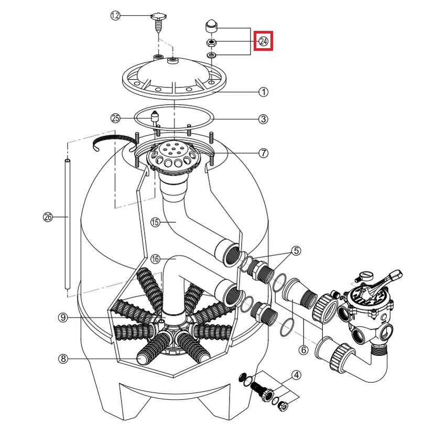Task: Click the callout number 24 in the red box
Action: pos(264,41)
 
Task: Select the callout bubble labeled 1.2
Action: pos(115,16)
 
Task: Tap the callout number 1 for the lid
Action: pos(264,92)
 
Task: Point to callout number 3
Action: pos(264,119)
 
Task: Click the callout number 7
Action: pos(264,153)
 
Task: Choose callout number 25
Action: pos(115,118)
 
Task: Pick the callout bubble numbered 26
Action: pos(48,216)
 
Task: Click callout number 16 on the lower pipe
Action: pos(156,259)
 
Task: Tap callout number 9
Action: pos(63,317)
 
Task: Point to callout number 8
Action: pos(63,358)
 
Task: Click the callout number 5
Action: pos(297,251)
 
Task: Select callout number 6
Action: pos(304,350)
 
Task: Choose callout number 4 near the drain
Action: pos(297,375)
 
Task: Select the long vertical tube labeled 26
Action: pos(67,225)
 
